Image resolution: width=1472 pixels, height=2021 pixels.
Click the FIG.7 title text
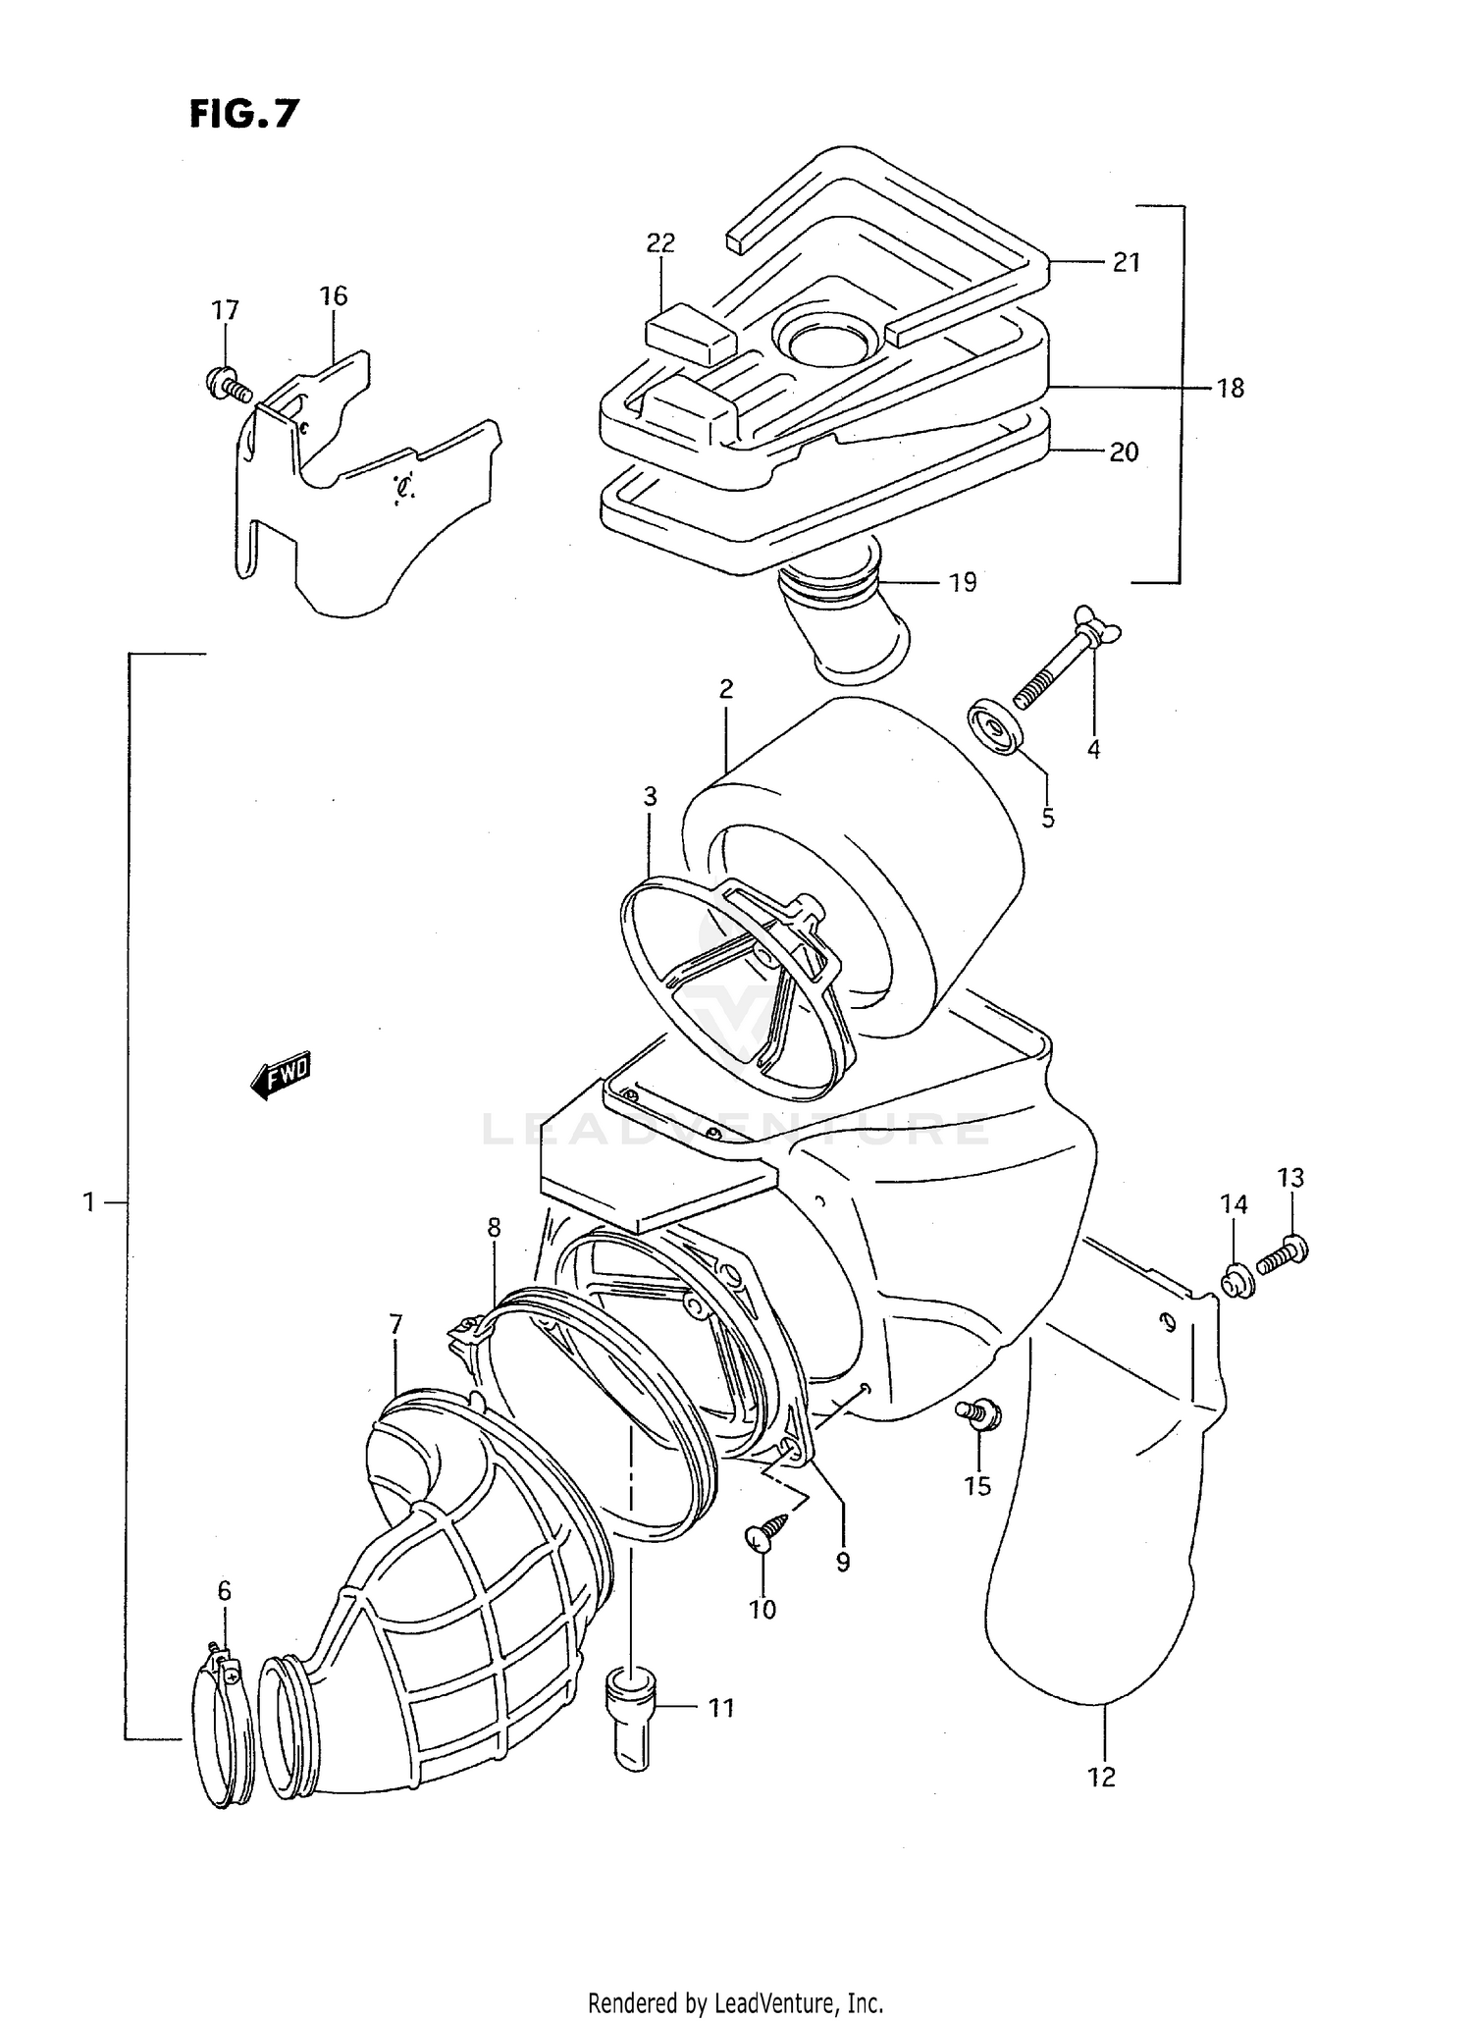click(243, 114)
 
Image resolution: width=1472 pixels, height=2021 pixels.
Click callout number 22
click(660, 242)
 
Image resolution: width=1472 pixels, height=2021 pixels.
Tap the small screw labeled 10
click(765, 1538)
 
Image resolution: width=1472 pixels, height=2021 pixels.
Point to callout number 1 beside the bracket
click(89, 1201)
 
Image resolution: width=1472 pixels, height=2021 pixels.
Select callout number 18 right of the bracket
click(1229, 389)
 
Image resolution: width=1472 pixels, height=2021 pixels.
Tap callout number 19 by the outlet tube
click(963, 582)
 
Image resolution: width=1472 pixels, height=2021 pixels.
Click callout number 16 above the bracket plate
click(333, 295)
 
